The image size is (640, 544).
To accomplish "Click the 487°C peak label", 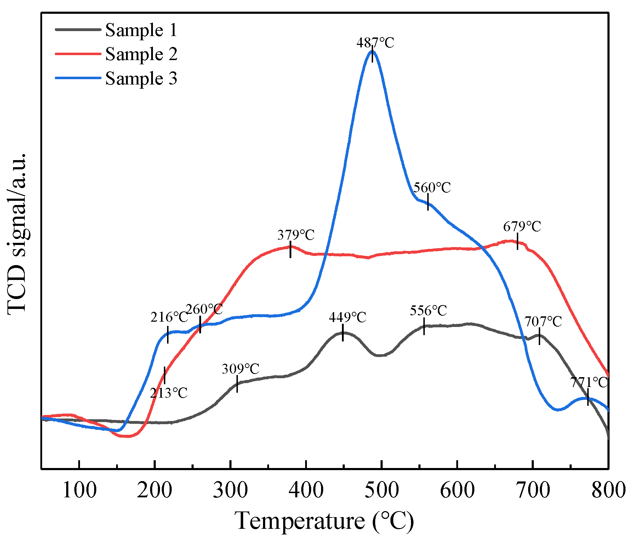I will (375, 43).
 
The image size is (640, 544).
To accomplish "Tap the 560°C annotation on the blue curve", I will (432, 187).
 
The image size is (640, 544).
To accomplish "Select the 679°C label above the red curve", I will (522, 226).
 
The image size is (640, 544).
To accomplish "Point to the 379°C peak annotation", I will (296, 235).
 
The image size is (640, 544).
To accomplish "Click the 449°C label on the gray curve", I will (347, 317).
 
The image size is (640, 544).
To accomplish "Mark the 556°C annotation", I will (428, 311).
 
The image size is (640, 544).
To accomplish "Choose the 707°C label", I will (543, 322).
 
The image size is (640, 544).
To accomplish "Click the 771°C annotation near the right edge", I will (589, 382).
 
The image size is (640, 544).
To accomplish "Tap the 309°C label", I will (241, 369).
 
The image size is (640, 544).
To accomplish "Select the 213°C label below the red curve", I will (168, 393).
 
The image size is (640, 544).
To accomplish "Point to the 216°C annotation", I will (169, 317).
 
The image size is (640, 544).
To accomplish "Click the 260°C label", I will (204, 309).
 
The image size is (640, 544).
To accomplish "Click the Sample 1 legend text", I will (141, 30).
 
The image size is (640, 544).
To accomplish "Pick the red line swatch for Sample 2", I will (78, 54).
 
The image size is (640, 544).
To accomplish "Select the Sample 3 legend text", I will (141, 78).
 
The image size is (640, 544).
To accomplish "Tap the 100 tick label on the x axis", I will (79, 490).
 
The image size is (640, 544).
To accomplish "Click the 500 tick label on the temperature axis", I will (382, 490).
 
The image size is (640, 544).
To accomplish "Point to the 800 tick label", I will (608, 490).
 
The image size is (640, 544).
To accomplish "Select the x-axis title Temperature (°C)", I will (324, 521).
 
